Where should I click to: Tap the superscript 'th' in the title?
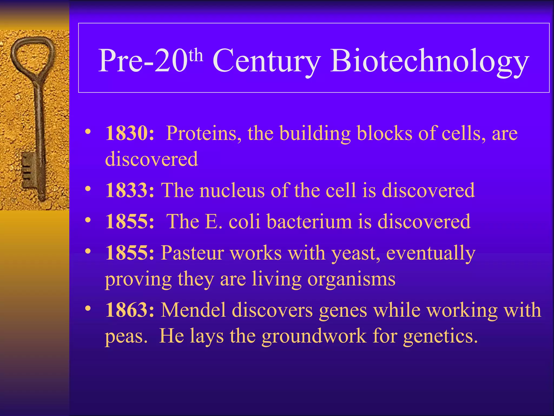pos(196,55)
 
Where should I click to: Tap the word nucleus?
pos(232,190)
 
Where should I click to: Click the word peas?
pos(126,337)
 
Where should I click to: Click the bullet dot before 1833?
pos(87,188)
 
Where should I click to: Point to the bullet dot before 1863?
pos(87,308)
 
